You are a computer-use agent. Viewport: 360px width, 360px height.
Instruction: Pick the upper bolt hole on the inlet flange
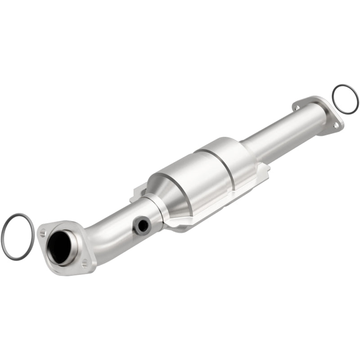coord(43,232)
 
